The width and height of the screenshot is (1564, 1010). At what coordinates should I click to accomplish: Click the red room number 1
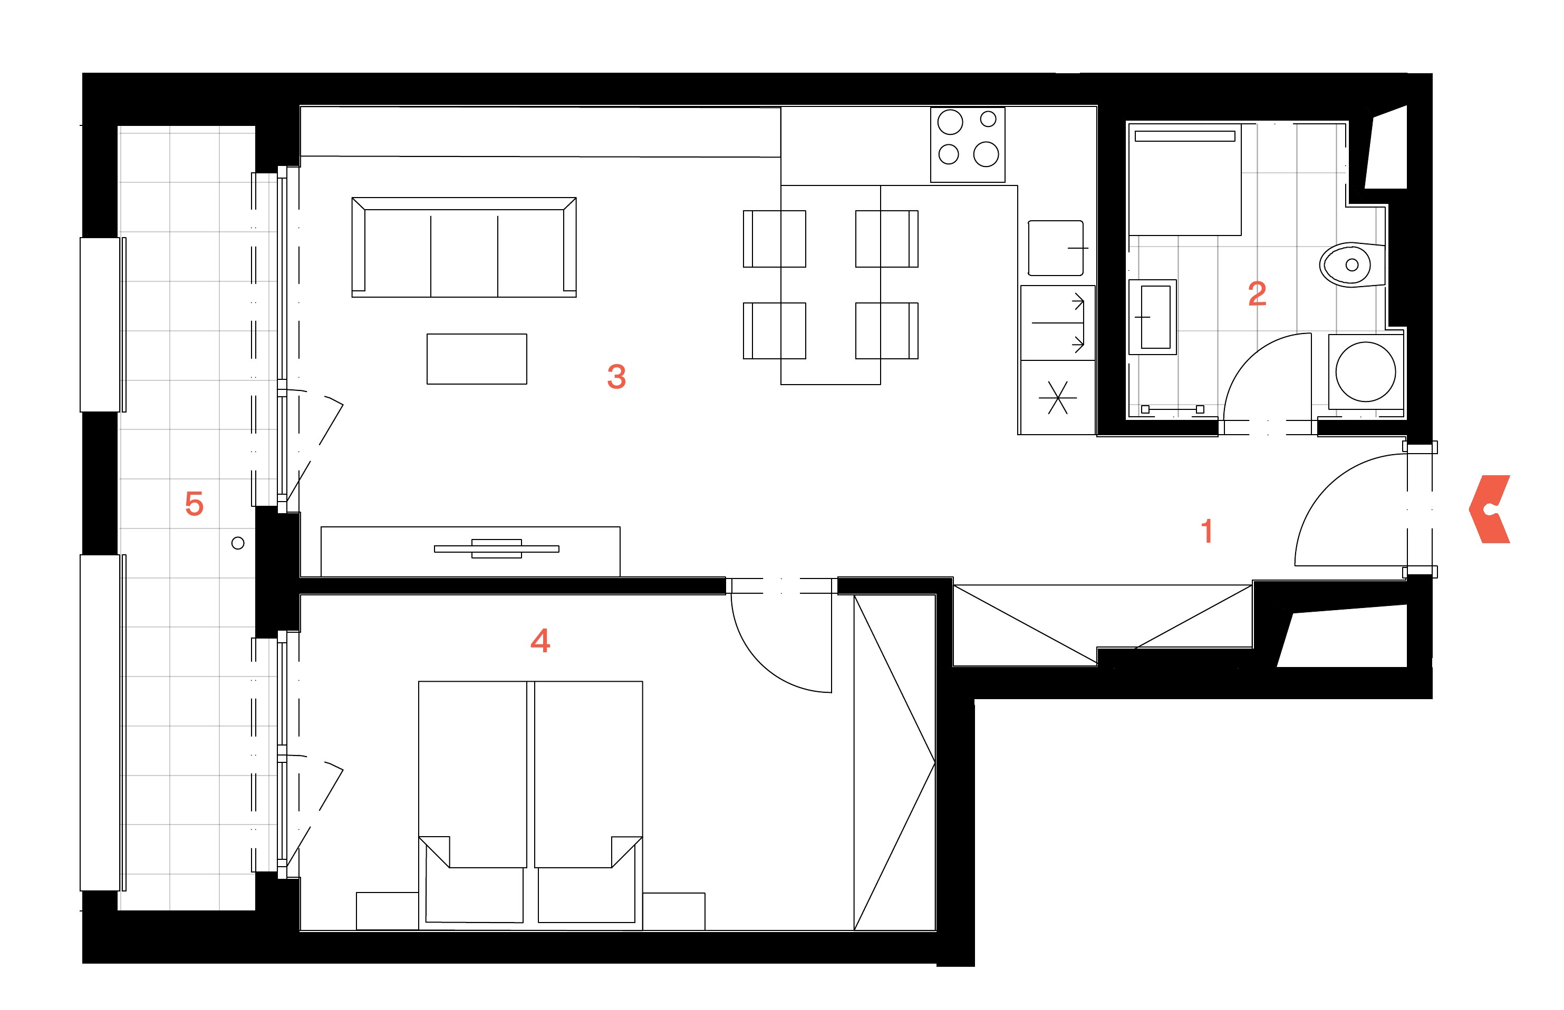tap(1206, 531)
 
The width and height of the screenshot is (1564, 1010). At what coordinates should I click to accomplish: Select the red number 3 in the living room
tap(616, 377)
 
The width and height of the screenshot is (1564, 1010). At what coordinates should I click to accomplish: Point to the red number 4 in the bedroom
tap(540, 640)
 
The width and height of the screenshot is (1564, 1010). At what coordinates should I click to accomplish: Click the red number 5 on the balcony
tap(194, 504)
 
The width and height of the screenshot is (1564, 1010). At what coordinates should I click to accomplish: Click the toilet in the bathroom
tap(1352, 265)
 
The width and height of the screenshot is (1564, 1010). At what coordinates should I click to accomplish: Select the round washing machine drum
tap(1365, 372)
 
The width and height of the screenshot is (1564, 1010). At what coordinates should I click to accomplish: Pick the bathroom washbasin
tap(1153, 317)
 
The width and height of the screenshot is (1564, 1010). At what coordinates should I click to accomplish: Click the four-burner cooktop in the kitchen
tap(968, 145)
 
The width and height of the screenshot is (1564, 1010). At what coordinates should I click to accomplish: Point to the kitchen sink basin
tap(1055, 249)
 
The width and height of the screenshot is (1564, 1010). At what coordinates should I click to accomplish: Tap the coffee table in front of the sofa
tap(477, 359)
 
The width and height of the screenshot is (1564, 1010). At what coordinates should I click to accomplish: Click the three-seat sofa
tap(464, 247)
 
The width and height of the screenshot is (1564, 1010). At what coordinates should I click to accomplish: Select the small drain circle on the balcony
tap(238, 543)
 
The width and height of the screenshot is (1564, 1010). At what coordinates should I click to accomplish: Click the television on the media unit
tap(497, 549)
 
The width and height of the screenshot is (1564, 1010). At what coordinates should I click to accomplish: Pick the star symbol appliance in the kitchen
tap(1057, 397)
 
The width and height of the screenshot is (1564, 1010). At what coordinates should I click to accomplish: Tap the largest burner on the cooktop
tap(986, 155)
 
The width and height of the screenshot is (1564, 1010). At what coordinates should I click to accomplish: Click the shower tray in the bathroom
tap(1185, 179)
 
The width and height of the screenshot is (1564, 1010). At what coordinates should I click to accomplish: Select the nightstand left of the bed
tap(387, 911)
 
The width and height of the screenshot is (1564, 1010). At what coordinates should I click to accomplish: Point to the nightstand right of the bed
tap(673, 911)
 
